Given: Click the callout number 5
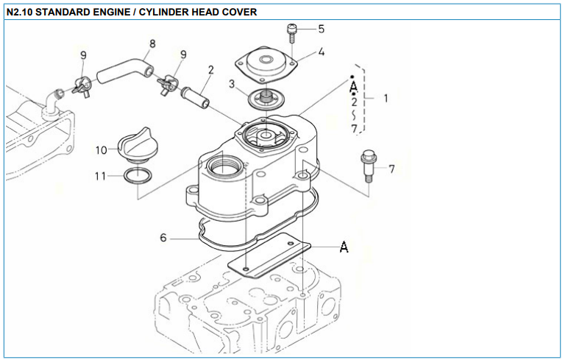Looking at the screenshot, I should coord(321,29).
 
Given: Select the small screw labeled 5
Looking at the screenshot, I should coord(292,32).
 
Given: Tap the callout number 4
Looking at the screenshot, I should coord(322,52).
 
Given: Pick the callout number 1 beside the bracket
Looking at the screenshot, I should coord(386,97).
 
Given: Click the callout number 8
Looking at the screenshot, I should coord(152,43).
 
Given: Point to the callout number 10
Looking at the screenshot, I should coord(102,150).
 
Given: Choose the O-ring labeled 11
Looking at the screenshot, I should coord(138,177).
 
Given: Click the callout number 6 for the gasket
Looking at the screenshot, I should coord(164,238).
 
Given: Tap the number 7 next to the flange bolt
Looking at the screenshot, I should coord(391,169).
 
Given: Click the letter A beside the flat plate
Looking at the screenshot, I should coord(344,247).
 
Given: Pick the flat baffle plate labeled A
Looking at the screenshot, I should coord(269,255).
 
